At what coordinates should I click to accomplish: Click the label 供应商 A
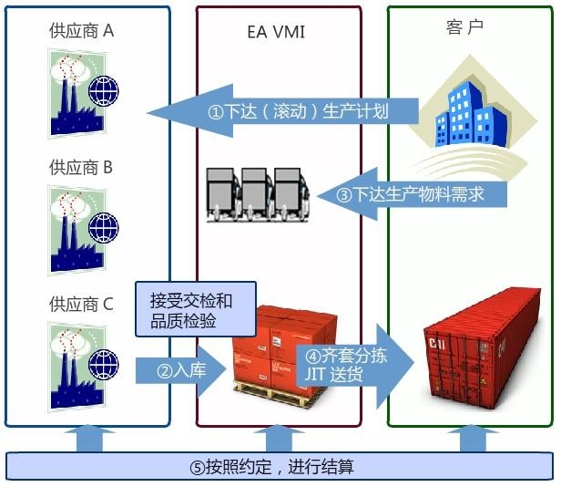[x=82, y=31]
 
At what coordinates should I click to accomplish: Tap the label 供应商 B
[x=81, y=168]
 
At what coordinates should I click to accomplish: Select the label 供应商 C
[x=81, y=304]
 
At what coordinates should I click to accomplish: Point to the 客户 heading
[x=466, y=26]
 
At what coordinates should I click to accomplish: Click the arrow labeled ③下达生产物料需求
[x=419, y=194]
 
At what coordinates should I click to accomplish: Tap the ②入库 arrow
[x=178, y=370]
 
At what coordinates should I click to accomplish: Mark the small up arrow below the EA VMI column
[x=277, y=439]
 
